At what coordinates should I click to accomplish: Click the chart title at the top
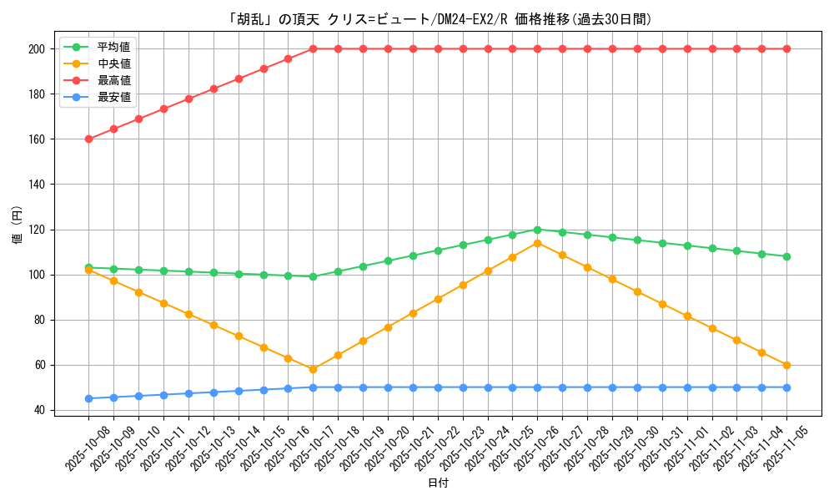[440, 19]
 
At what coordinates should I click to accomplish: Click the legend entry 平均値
[113, 47]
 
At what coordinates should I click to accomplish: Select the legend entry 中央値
[113, 63]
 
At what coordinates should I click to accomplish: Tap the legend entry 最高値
[113, 80]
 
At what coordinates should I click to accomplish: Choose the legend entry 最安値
[113, 97]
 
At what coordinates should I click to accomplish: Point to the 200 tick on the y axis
[37, 49]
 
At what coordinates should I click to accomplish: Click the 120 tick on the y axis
[37, 230]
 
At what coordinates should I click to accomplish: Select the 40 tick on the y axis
[40, 410]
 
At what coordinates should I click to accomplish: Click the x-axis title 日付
[438, 483]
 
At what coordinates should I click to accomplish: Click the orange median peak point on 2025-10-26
[537, 243]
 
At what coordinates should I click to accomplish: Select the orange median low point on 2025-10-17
[313, 369]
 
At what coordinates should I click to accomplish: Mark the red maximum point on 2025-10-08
[88, 139]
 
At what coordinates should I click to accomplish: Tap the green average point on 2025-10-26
[537, 230]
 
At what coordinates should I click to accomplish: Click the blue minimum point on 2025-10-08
[88, 398]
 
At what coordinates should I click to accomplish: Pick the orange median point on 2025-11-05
[786, 365]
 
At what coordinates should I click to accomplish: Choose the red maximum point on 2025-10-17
[313, 48]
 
